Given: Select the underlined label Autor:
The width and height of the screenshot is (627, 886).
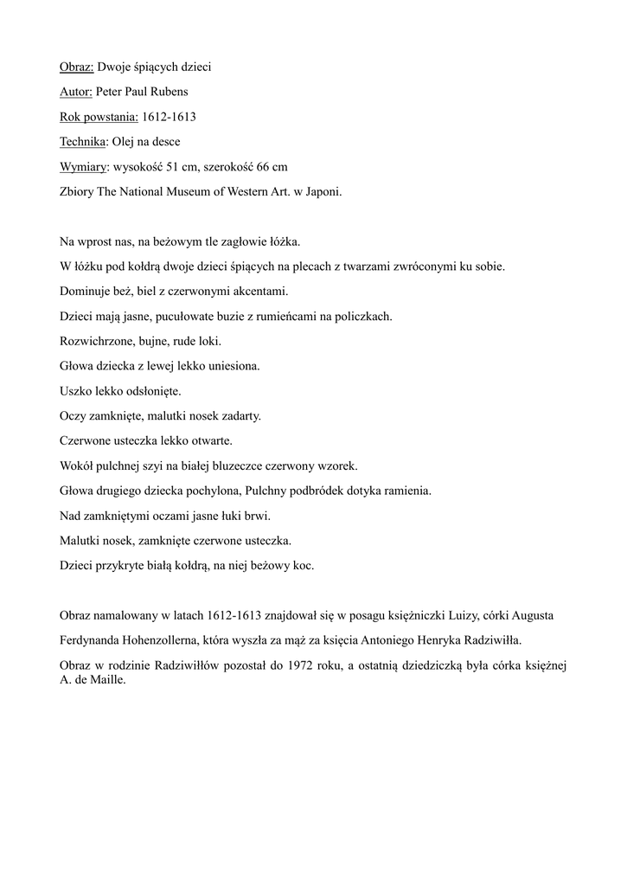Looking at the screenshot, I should (76, 91).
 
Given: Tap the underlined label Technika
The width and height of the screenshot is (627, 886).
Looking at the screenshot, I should (84, 141).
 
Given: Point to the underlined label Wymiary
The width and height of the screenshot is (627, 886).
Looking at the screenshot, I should (85, 166).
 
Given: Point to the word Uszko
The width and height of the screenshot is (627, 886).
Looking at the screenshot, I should (77, 391).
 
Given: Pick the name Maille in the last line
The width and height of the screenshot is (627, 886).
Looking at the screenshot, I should (106, 680).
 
